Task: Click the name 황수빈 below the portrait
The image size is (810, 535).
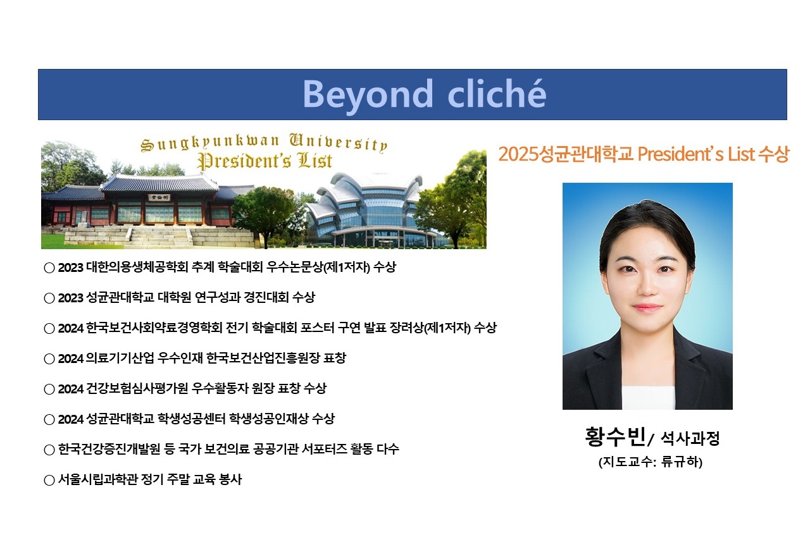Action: [616, 437]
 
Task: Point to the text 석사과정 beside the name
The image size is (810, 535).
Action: [690, 438]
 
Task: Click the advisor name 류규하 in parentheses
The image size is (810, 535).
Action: [680, 462]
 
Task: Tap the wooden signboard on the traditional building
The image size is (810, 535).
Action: [159, 197]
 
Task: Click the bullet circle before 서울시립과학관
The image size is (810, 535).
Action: [49, 481]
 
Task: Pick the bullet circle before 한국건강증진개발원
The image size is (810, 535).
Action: [49, 450]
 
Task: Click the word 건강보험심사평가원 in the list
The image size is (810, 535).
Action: [137, 388]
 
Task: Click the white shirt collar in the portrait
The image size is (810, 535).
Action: [648, 398]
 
